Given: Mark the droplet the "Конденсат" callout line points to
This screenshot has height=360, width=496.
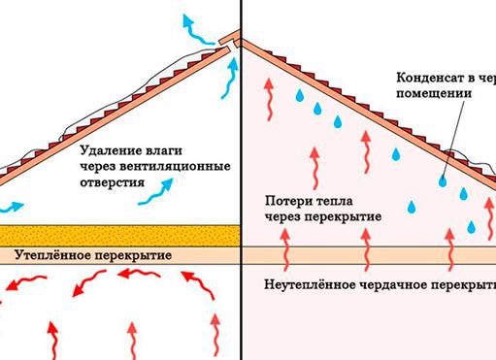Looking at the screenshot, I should [x=442, y=180].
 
